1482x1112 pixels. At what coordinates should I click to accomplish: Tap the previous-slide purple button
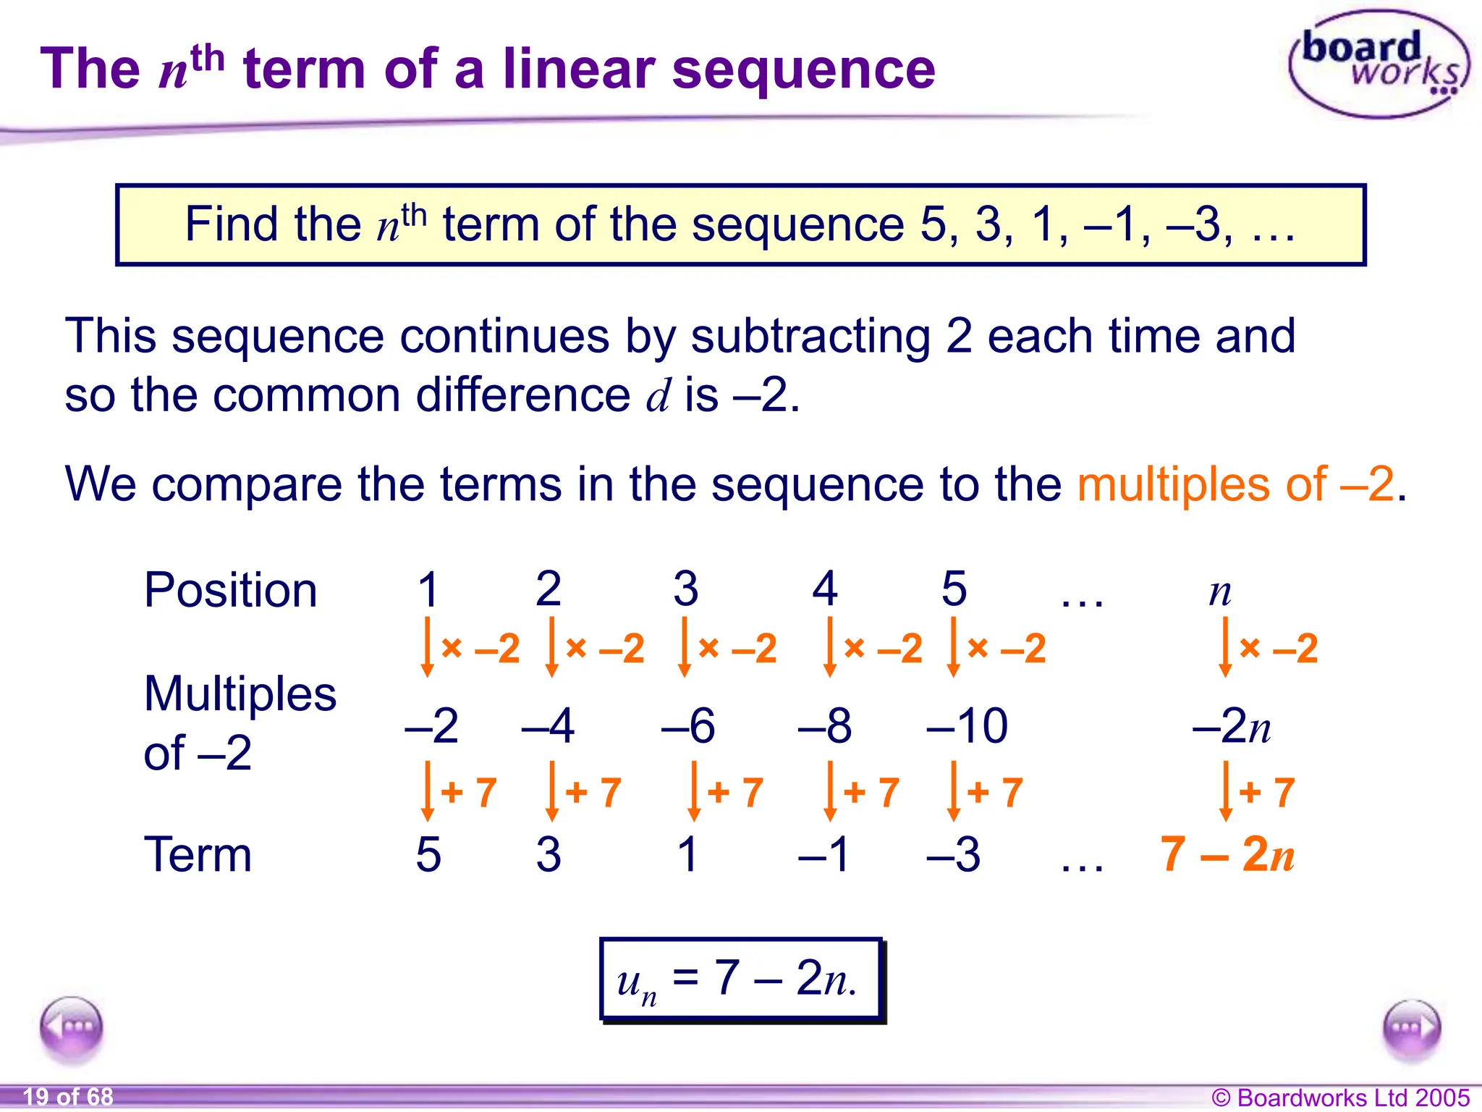pyautogui.click(x=72, y=1027)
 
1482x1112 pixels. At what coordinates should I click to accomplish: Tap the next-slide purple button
pyautogui.click(x=1411, y=1029)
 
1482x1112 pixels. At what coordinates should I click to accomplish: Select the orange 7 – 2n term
pyautogui.click(x=1227, y=855)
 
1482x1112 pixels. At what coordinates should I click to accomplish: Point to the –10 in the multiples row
pyautogui.click(x=967, y=725)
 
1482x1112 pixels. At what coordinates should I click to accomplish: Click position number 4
pyautogui.click(x=824, y=589)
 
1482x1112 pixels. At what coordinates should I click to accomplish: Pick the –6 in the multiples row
pyautogui.click(x=687, y=725)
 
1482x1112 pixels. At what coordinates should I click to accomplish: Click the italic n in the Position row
pyautogui.click(x=1220, y=592)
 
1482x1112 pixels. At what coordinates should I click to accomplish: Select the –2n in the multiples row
pyautogui.click(x=1231, y=725)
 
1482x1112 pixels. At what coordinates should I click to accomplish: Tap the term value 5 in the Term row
pyautogui.click(x=428, y=855)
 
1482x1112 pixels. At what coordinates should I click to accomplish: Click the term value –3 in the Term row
pyautogui.click(x=953, y=855)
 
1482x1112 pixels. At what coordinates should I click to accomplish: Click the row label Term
pyautogui.click(x=198, y=855)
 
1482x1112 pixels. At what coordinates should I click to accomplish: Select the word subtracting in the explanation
pyautogui.click(x=810, y=337)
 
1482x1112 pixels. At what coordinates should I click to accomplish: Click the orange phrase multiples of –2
pyautogui.click(x=1235, y=484)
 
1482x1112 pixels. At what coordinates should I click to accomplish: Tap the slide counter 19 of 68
pyautogui.click(x=68, y=1097)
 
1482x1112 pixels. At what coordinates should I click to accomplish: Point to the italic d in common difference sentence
pyautogui.click(x=659, y=396)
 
